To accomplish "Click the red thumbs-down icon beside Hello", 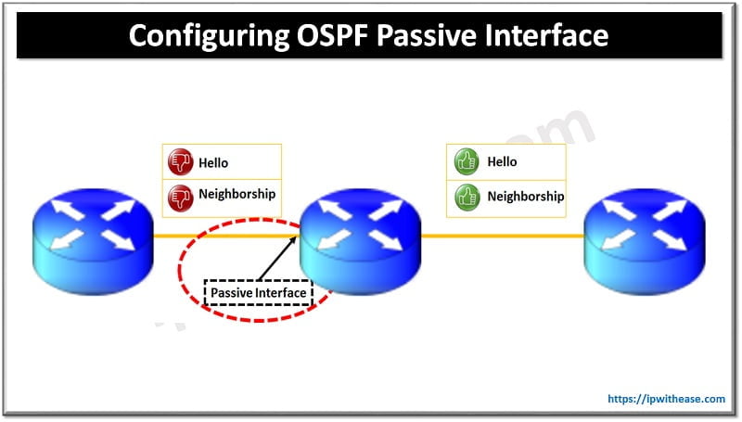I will pyautogui.click(x=179, y=162).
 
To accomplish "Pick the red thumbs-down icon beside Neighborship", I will pyautogui.click(x=179, y=196).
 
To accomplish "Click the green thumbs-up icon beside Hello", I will pyautogui.click(x=465, y=162).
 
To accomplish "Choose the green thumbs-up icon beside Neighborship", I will pyautogui.click(x=465, y=196).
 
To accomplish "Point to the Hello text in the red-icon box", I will pyautogui.click(x=213, y=162).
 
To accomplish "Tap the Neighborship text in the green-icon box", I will pyautogui.click(x=525, y=196).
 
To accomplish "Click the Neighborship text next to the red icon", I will pyautogui.click(x=237, y=195).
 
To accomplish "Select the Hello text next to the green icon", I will pyautogui.click(x=502, y=161).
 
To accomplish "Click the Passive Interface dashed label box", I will pyautogui.click(x=258, y=293).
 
